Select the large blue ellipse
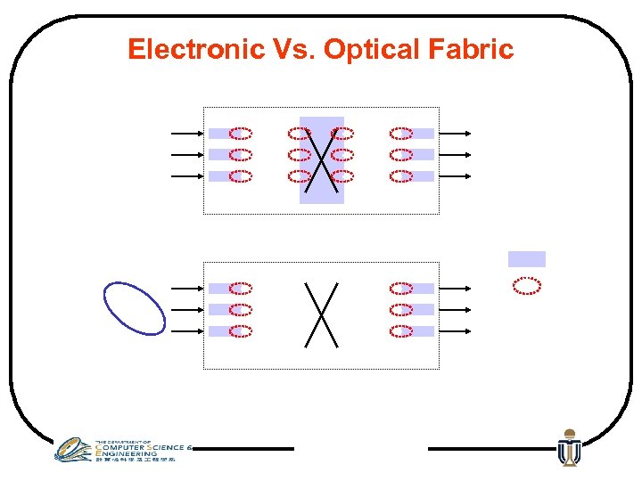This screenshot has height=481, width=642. pyautogui.click(x=135, y=307)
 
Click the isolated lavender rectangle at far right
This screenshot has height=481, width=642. pyautogui.click(x=526, y=259)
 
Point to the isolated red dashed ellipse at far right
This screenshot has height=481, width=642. pyautogui.click(x=527, y=285)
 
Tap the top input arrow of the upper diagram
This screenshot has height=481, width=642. pyautogui.click(x=187, y=134)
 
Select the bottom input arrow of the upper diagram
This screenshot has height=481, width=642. pyautogui.click(x=187, y=176)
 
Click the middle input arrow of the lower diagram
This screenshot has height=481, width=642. pyautogui.click(x=187, y=310)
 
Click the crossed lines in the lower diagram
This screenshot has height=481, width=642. pyautogui.click(x=322, y=314)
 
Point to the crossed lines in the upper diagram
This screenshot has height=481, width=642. pyautogui.click(x=322, y=160)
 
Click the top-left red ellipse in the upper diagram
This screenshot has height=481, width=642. pyautogui.click(x=241, y=134)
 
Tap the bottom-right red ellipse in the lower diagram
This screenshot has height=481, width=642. pyautogui.click(x=401, y=331)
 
